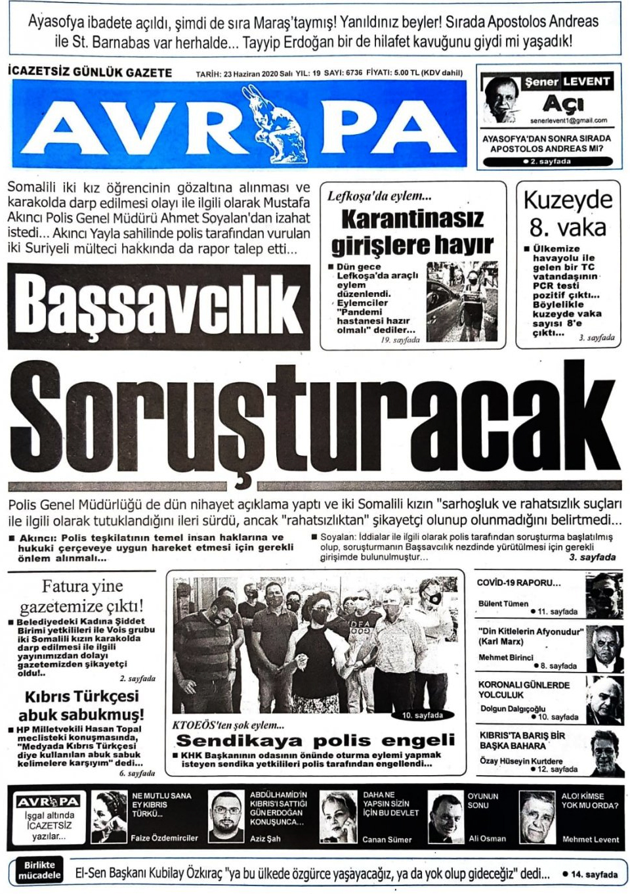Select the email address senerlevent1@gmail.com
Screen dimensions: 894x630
568,121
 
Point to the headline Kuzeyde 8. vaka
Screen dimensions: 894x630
568,213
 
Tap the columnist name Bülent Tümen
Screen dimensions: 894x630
503,604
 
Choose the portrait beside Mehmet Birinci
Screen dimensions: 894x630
604,649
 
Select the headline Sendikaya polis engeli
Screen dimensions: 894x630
316,741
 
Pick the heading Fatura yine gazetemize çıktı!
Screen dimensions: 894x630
82,596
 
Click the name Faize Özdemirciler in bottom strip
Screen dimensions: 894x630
164,838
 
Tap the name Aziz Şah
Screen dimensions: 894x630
265,839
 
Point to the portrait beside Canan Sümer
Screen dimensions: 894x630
338,816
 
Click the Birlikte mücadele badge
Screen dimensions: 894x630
39,870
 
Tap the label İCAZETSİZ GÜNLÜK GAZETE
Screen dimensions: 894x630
90,72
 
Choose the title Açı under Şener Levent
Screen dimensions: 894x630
563,104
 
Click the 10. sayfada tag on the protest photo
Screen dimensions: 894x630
423,715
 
